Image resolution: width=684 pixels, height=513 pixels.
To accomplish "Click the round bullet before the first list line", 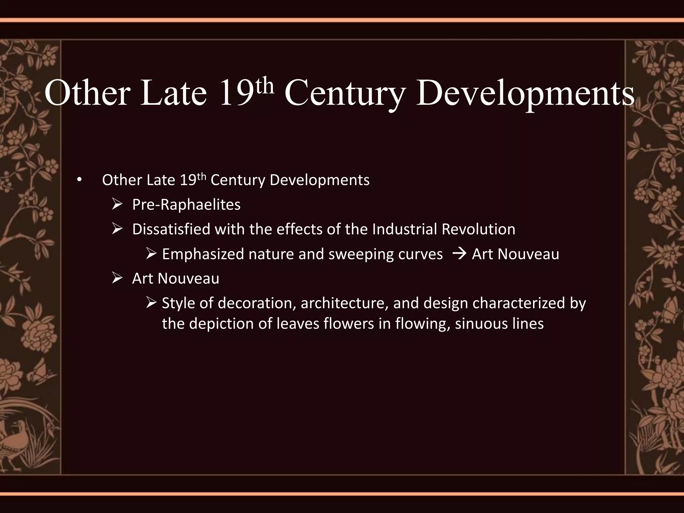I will tap(79, 181).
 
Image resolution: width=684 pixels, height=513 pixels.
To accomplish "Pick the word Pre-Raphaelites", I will tap(186, 205).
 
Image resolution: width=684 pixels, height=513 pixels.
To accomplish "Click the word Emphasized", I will tap(203, 254).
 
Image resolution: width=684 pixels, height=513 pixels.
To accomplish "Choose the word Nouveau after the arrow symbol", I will tap(528, 254).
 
